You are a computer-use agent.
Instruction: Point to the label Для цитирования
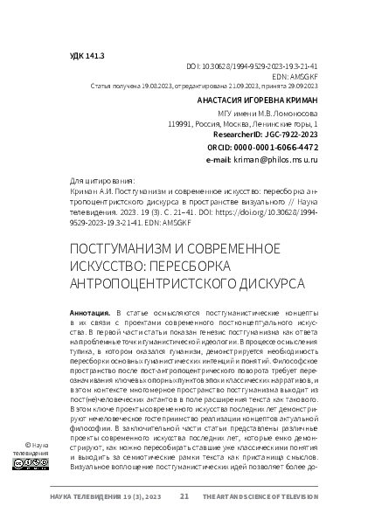pos(95,183)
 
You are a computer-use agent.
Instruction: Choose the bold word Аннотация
pos(88,312)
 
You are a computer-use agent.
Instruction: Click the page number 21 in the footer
pos(184,497)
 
